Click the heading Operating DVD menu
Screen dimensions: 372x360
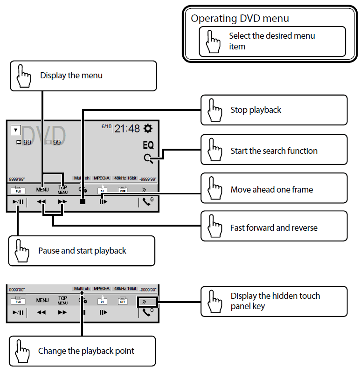click(x=240, y=19)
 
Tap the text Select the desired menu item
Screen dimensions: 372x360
click(x=271, y=41)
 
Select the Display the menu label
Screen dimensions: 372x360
click(x=71, y=76)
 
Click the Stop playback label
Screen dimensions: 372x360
click(x=256, y=110)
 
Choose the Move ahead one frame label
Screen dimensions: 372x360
click(x=271, y=189)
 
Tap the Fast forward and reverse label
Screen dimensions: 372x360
click(x=274, y=228)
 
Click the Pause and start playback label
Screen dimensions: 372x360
click(x=82, y=251)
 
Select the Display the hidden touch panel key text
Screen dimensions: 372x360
click(x=275, y=301)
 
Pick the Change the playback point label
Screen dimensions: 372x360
click(x=86, y=351)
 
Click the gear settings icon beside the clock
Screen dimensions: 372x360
click(x=148, y=128)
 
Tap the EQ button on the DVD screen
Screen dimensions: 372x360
click(x=148, y=145)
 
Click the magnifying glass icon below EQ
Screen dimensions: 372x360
click(x=148, y=158)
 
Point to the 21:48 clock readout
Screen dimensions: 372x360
click(x=127, y=129)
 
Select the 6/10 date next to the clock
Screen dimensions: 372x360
click(x=107, y=126)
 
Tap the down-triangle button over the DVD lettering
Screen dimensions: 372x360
click(x=15, y=130)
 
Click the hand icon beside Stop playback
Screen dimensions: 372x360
click(x=215, y=110)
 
